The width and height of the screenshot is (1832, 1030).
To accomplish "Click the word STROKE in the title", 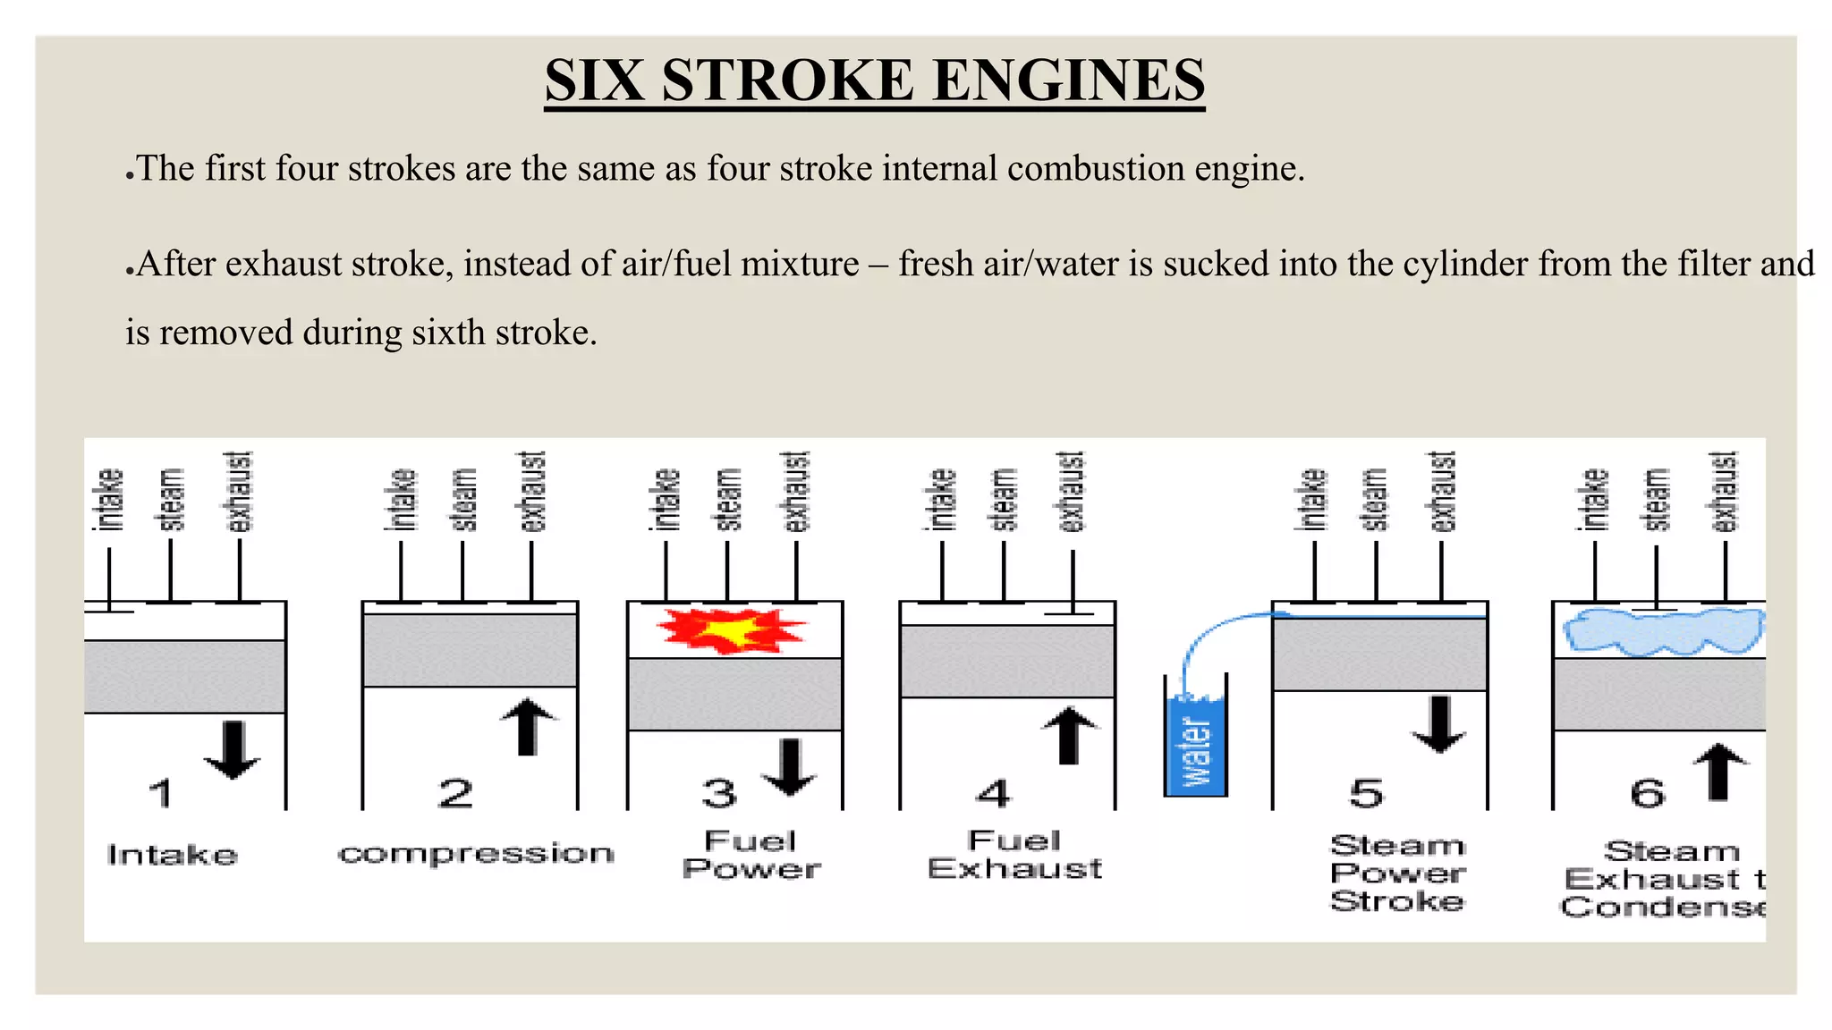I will click(x=787, y=80).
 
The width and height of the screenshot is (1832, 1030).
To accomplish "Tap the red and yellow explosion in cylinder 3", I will click(x=731, y=630).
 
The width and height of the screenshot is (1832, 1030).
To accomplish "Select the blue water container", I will click(x=1196, y=747).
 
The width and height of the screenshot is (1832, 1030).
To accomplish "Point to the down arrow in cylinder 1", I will click(x=233, y=749).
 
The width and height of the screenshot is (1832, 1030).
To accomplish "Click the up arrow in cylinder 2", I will click(x=528, y=726).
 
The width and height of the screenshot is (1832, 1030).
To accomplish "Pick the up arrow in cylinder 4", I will click(x=1069, y=735).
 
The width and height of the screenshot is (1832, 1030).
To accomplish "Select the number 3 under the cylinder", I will click(x=719, y=794).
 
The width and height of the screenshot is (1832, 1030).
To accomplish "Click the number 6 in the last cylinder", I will click(x=1647, y=794).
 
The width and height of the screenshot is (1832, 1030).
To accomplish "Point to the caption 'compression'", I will click(x=476, y=855).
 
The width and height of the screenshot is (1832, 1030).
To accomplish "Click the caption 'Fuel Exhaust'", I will click(x=1014, y=855).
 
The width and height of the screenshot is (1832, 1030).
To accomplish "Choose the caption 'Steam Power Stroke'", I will click(x=1396, y=873).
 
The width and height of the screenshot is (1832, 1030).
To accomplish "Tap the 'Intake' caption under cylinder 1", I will click(x=172, y=856).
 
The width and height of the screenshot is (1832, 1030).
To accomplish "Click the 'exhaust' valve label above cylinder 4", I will click(x=1072, y=492).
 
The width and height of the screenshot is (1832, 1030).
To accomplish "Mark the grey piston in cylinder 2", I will click(x=470, y=650).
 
